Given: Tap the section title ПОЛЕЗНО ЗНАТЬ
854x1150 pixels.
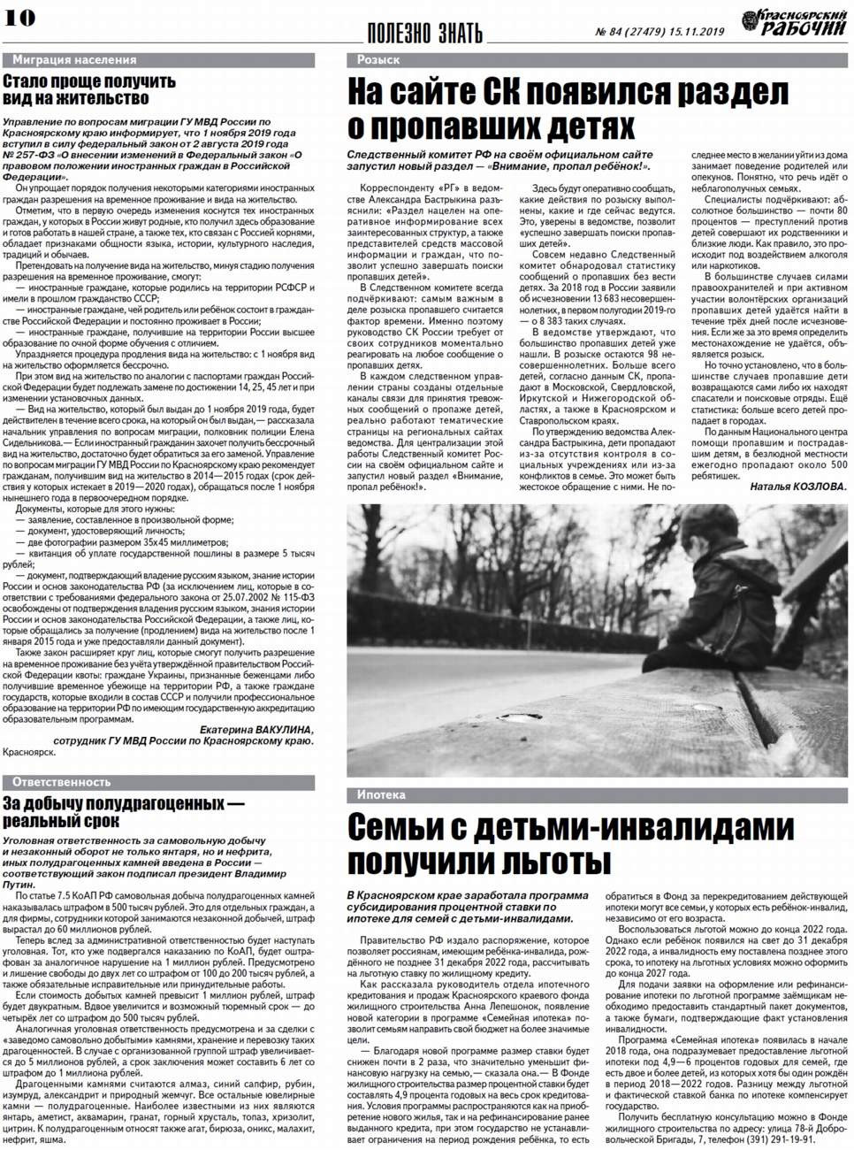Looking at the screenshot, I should click(424, 34).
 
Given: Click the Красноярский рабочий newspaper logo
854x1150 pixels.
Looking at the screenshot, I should click(793, 22).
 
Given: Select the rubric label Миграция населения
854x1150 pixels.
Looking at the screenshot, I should click(74, 59).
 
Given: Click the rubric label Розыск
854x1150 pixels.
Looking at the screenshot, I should click(378, 59).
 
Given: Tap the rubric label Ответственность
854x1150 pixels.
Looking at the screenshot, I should click(62, 782).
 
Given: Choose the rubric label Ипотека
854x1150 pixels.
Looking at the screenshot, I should click(381, 794).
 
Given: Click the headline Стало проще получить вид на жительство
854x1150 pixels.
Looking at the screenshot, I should click(88, 89).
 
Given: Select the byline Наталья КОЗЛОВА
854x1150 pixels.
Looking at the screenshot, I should click(797, 487).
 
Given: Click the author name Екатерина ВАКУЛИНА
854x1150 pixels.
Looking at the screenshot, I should click(256, 729).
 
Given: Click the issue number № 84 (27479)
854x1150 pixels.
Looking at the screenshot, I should click(634, 31).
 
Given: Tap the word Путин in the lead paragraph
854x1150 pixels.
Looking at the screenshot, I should click(19, 884).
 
